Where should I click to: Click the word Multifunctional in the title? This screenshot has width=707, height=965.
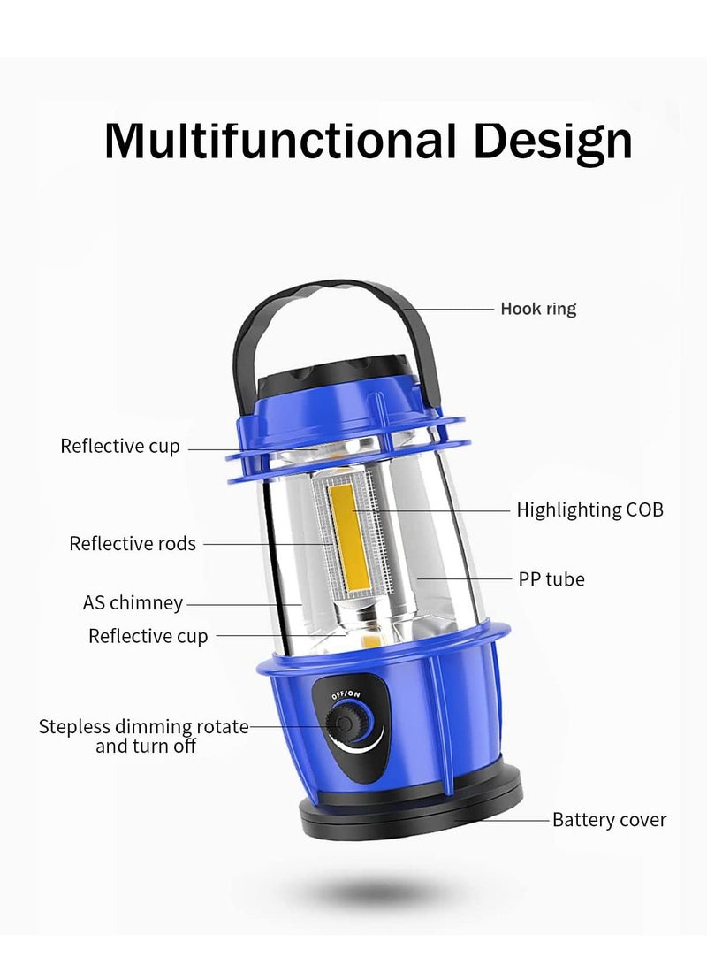pyautogui.click(x=280, y=141)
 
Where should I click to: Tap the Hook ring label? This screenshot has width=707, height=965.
pyautogui.click(x=538, y=309)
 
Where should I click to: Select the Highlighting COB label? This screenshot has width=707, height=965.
pyautogui.click(x=589, y=510)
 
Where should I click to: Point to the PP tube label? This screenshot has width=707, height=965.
pyautogui.click(x=551, y=579)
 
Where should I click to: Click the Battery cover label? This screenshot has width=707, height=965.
pyautogui.click(x=609, y=820)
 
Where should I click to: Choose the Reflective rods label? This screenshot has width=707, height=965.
pyautogui.click(x=133, y=543)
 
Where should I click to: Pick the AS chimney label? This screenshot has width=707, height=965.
pyautogui.click(x=133, y=602)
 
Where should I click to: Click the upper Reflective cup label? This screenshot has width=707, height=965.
pyautogui.click(x=120, y=446)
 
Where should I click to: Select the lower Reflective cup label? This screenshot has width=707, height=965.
pyautogui.click(x=148, y=636)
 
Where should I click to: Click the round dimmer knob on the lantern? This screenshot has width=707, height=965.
pyautogui.click(x=345, y=723)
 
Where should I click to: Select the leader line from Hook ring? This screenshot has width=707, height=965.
pyautogui.click(x=450, y=309)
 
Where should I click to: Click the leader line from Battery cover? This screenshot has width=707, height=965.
pyautogui.click(x=502, y=820)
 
